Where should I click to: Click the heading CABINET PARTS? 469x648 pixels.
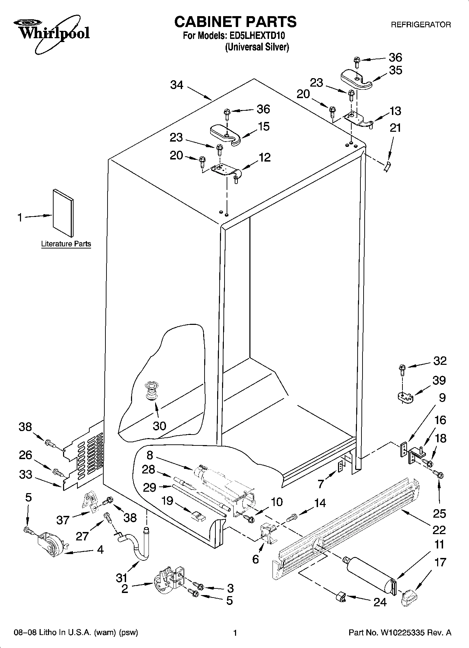click(235, 22)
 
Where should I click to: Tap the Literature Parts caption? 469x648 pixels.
click(66, 244)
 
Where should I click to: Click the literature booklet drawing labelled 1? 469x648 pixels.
click(63, 212)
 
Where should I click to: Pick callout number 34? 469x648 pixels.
click(177, 85)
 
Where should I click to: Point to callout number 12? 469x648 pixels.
click(264, 157)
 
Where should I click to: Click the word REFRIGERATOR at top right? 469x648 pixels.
click(421, 25)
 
